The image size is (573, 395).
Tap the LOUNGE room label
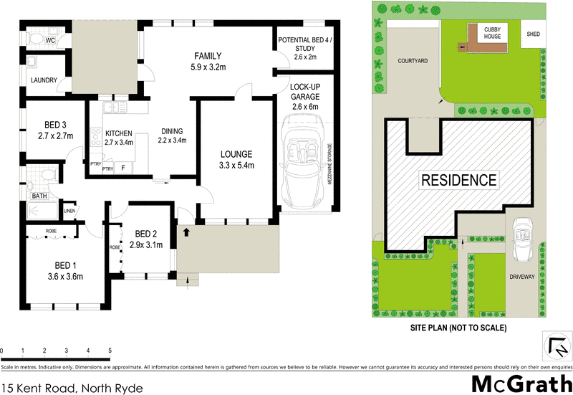[x=236, y=154]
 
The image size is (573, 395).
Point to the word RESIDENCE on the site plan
[x=458, y=180]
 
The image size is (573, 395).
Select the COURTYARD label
[x=413, y=62]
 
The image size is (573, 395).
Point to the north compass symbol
[x=555, y=345]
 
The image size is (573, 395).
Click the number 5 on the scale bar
[x=110, y=351]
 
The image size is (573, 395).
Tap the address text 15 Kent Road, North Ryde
[x=72, y=388]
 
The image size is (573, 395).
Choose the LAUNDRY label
[x=43, y=80]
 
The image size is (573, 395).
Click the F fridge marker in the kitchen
[x=122, y=168]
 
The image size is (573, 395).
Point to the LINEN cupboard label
[x=69, y=211]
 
